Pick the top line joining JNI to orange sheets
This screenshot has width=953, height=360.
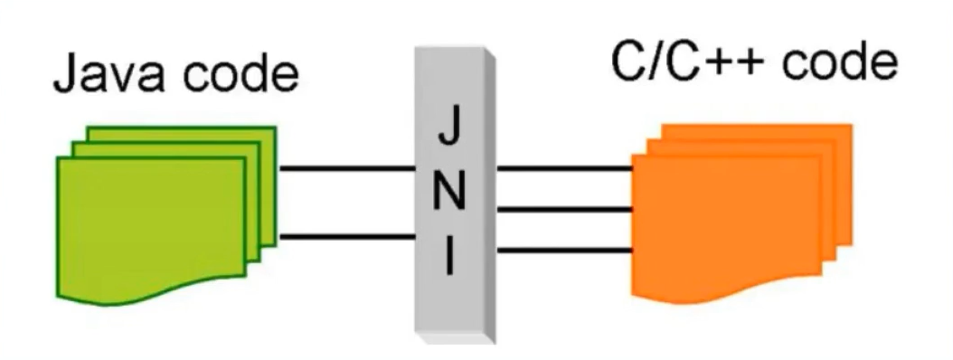coord(562,168)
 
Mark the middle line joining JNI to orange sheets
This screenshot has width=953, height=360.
coord(562,210)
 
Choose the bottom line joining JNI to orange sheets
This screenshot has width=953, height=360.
coord(562,251)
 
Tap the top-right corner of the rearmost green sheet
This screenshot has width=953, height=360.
coord(274,128)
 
